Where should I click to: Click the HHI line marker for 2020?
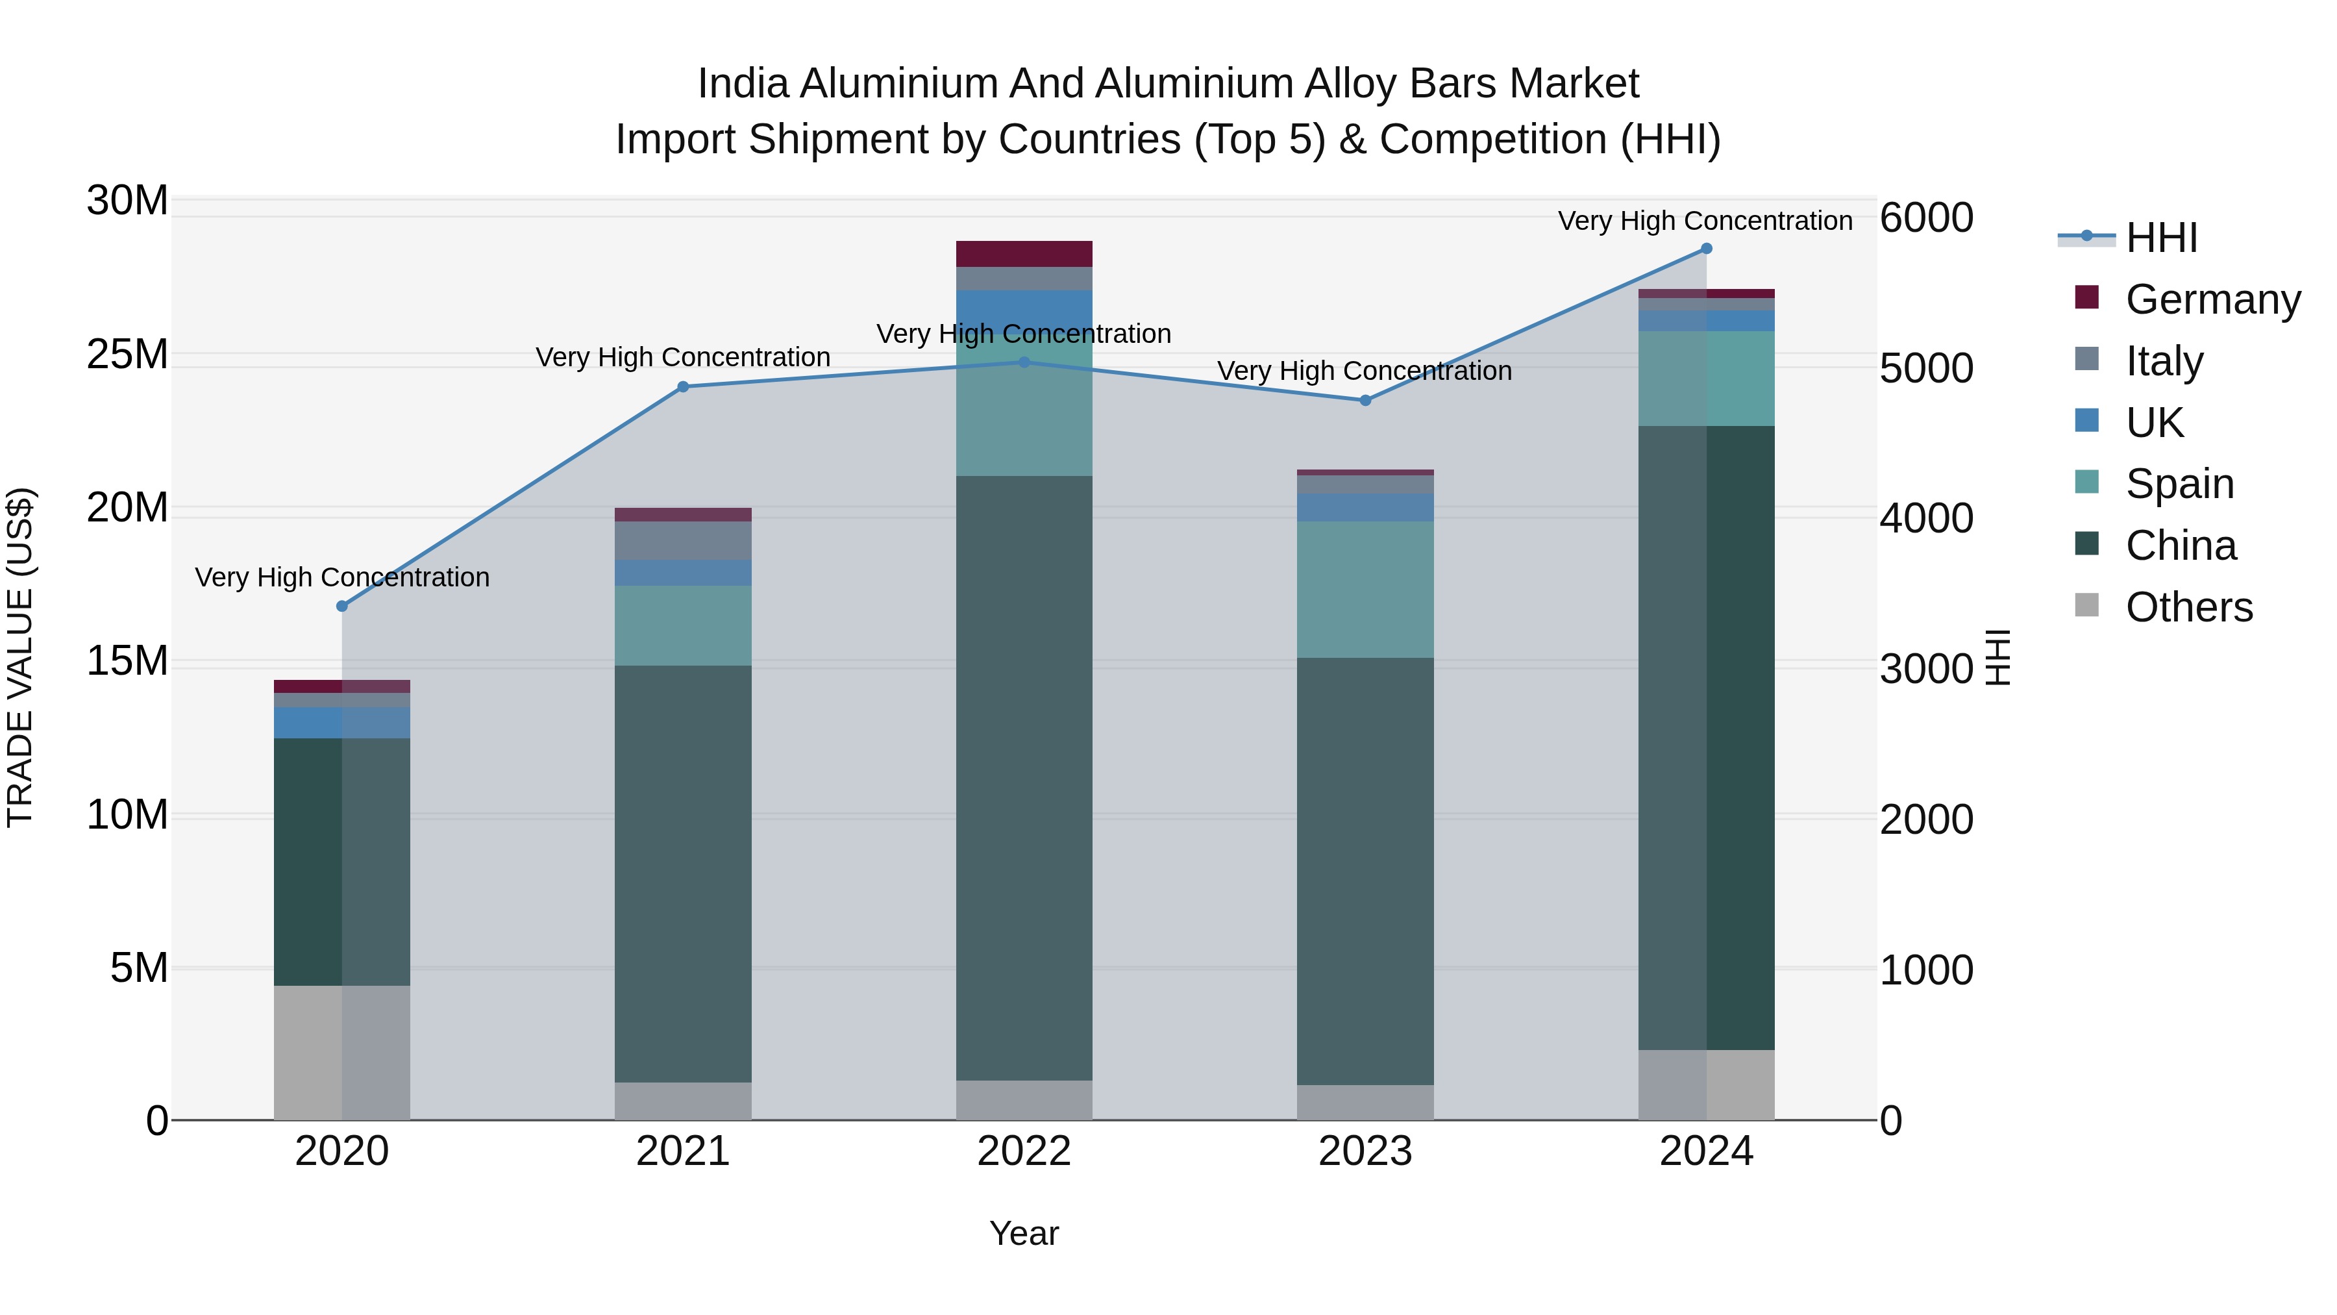[342, 607]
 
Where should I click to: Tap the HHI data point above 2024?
[1707, 249]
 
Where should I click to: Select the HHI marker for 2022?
[1024, 362]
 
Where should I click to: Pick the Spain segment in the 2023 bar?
[1365, 589]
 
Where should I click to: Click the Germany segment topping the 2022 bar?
[1024, 254]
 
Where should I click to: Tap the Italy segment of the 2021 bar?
[683, 541]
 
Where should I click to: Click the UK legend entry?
[2154, 423]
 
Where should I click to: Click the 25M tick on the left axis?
[127, 354]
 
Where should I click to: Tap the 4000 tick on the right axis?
[1926, 519]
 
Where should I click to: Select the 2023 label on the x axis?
[1365, 1151]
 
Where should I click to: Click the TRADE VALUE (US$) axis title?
[20, 657]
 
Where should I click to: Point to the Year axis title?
[1024, 1233]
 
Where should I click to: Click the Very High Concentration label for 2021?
[683, 358]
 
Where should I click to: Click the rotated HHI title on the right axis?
[1999, 657]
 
